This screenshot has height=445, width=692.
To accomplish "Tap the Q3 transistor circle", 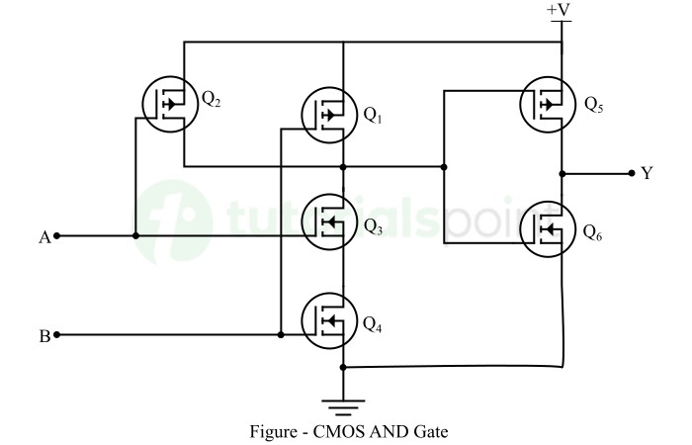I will [x=329, y=225].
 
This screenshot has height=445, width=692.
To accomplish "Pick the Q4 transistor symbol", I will [x=329, y=321].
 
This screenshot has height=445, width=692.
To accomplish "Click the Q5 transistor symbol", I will [x=549, y=104].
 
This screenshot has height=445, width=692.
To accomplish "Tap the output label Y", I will [x=648, y=174].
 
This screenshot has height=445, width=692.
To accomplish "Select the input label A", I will [x=43, y=237].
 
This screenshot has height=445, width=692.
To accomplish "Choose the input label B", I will [x=43, y=336].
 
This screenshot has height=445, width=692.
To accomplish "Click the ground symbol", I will [x=342, y=404].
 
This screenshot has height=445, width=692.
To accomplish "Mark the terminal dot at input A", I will [x=57, y=236].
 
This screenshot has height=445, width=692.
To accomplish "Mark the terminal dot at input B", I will [x=57, y=335].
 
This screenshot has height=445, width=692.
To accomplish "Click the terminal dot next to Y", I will [x=631, y=173].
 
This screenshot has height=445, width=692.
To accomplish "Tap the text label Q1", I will [x=372, y=116].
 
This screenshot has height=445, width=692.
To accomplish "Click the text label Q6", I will [x=592, y=233].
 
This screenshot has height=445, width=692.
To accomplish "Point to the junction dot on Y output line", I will [x=562, y=173].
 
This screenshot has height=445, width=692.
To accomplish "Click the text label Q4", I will [x=372, y=323].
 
